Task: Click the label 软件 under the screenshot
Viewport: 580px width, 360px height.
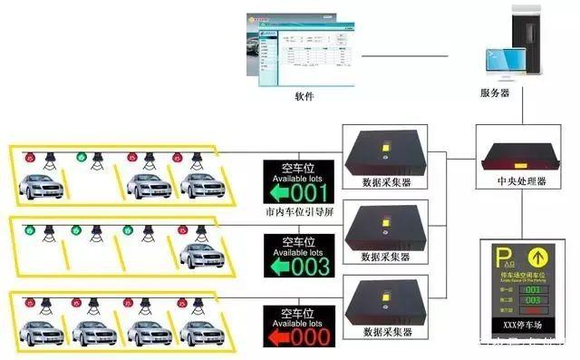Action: pyautogui.click(x=304, y=95)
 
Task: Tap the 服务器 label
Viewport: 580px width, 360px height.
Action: pyautogui.click(x=495, y=92)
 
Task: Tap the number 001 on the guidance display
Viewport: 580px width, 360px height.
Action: pyautogui.click(x=310, y=193)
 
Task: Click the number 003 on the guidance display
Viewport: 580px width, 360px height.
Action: pyautogui.click(x=310, y=268)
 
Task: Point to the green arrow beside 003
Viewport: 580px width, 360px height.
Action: pyautogui.click(x=277, y=268)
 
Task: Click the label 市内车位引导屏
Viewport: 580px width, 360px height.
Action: pyautogui.click(x=300, y=212)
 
